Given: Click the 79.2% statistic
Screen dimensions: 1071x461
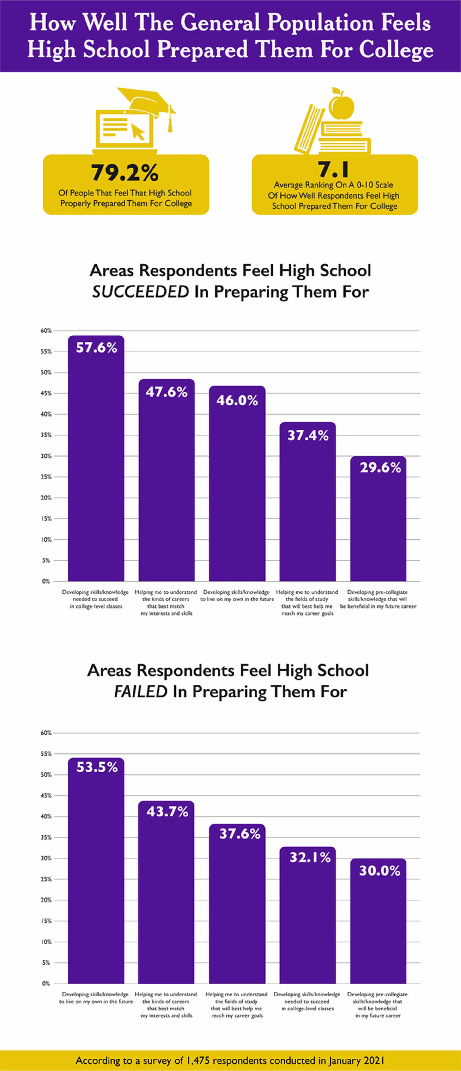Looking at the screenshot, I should [x=125, y=173].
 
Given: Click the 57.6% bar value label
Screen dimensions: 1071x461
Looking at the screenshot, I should [x=96, y=348].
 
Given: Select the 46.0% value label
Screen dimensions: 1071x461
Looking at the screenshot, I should [x=237, y=400].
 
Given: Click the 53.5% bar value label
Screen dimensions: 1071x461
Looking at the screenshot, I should [x=97, y=767].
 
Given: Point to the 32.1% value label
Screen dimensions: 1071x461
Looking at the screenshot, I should [x=310, y=857].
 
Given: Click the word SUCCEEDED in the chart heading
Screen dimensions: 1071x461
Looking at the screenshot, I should [x=140, y=292].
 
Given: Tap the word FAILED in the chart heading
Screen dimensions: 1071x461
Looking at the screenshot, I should [x=140, y=692].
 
